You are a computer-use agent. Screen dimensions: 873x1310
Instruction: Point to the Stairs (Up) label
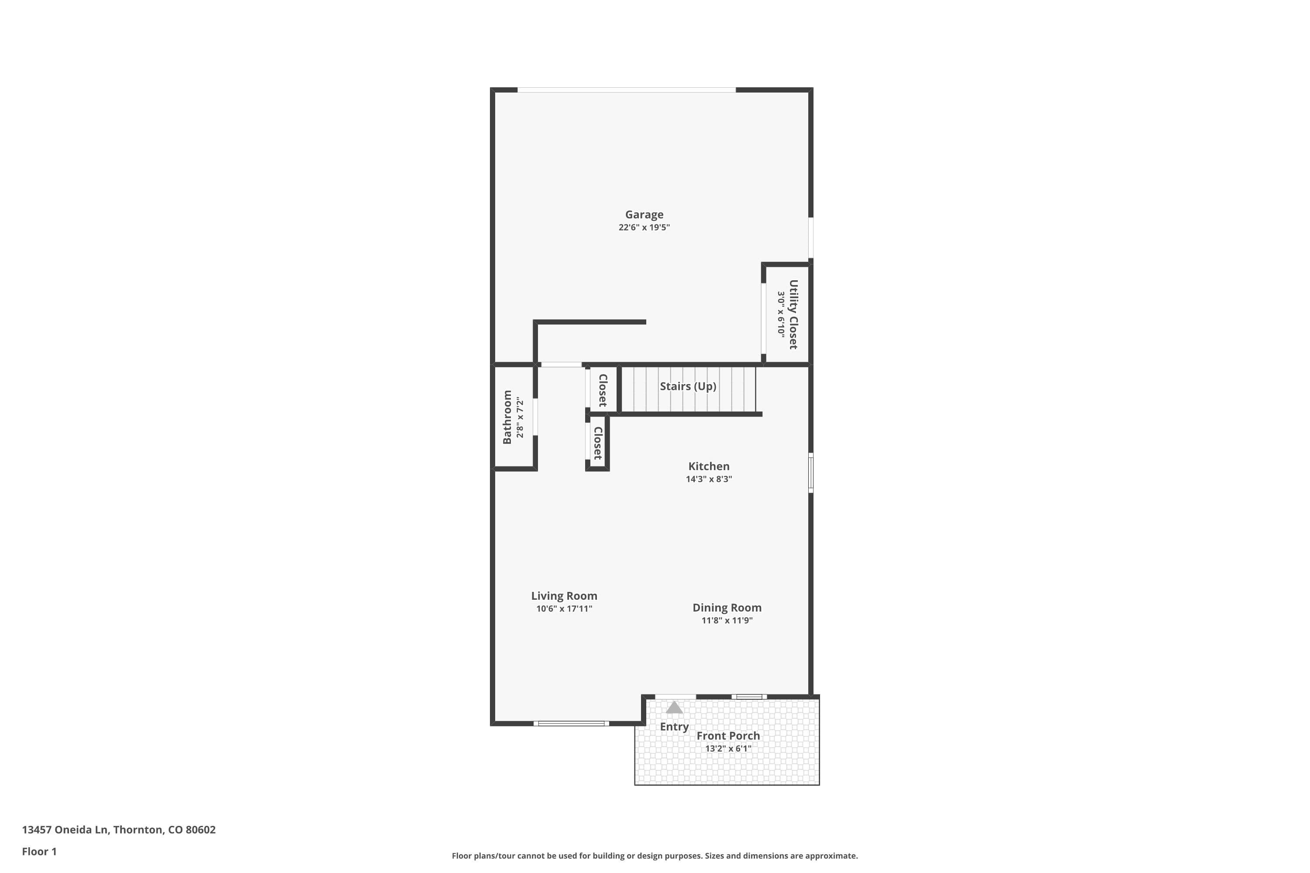pyautogui.click(x=688, y=386)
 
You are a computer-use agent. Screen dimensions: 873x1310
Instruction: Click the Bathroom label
pyautogui.click(x=507, y=417)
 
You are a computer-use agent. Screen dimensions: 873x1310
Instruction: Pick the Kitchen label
pyautogui.click(x=708, y=467)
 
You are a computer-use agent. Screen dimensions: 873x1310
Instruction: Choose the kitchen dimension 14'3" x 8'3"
pyautogui.click(x=708, y=479)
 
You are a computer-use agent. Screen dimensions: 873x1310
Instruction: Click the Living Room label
pyautogui.click(x=564, y=596)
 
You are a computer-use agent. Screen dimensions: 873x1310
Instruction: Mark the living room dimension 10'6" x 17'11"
pyautogui.click(x=564, y=608)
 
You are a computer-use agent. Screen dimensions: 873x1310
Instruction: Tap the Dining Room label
pyautogui.click(x=727, y=608)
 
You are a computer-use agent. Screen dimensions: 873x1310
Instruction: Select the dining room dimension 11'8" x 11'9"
pyautogui.click(x=727, y=620)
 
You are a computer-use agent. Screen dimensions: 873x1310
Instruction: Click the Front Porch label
pyautogui.click(x=728, y=736)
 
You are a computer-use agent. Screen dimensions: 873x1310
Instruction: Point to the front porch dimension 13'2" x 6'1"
pyautogui.click(x=728, y=748)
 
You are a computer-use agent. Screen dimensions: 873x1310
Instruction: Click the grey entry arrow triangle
pyautogui.click(x=674, y=708)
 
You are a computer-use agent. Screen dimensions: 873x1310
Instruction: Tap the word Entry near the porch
pyautogui.click(x=674, y=727)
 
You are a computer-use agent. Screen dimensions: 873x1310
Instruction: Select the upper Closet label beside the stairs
pyautogui.click(x=603, y=390)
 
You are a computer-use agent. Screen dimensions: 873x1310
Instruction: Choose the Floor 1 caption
pyautogui.click(x=39, y=851)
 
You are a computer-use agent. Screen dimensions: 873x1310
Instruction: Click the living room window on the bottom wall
pyautogui.click(x=571, y=723)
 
